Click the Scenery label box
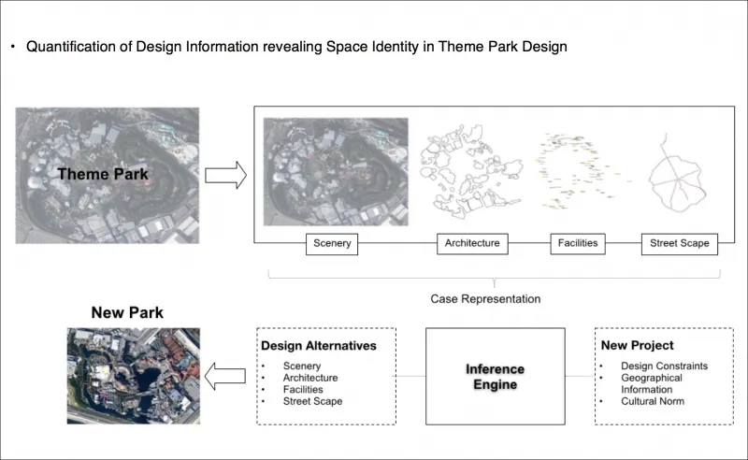point(333,244)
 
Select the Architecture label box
point(472,244)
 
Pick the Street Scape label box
point(680,244)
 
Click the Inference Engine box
point(495,377)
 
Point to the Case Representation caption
point(485,299)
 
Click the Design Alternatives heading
point(319,346)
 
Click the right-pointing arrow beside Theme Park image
point(224,173)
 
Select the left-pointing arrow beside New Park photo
point(224,376)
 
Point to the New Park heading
point(127,312)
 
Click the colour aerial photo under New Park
point(134,372)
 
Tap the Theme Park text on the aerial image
point(103,174)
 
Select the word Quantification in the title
point(74,46)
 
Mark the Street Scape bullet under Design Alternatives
point(312,402)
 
